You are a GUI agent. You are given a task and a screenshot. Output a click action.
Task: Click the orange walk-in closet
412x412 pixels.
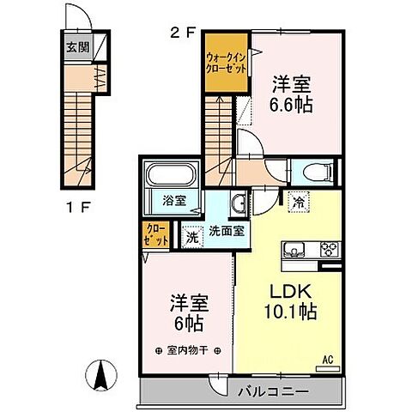click(x=225, y=63)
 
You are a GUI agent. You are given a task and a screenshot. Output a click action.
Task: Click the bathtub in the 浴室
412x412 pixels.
click(x=169, y=178)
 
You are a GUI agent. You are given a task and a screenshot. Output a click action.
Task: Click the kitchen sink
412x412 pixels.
click(x=294, y=250)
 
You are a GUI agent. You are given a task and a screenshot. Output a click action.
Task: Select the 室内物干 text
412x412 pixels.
click(x=187, y=351)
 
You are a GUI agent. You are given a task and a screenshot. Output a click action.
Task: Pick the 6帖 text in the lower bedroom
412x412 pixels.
click(x=187, y=325)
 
